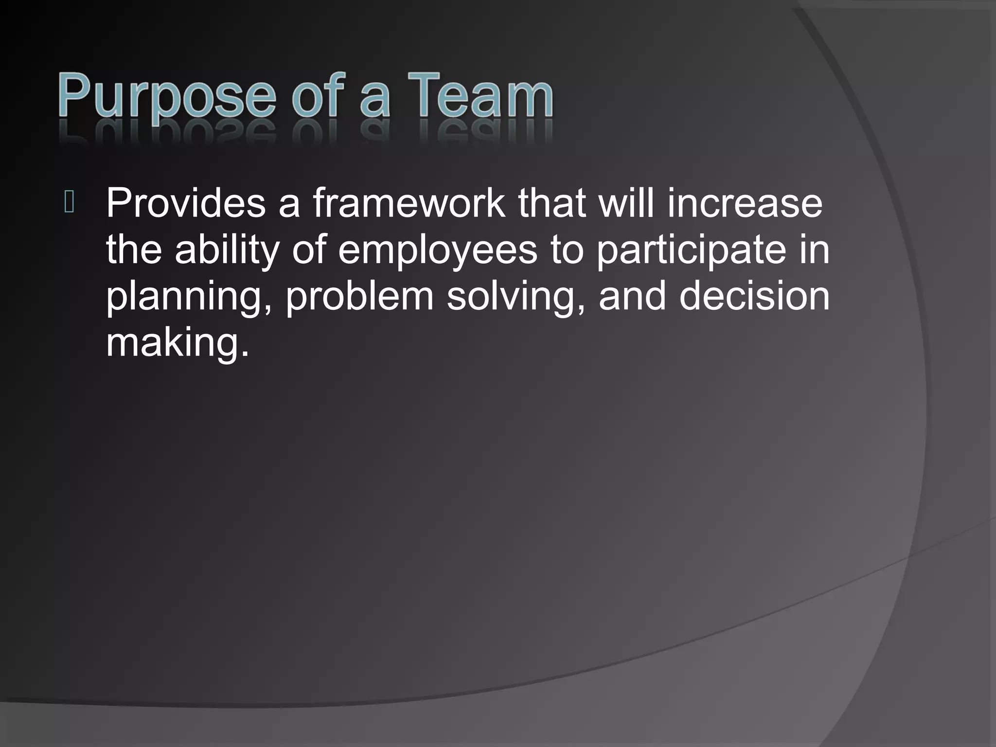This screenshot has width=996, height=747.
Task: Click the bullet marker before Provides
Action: [x=69, y=203]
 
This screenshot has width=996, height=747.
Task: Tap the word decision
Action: [x=754, y=296]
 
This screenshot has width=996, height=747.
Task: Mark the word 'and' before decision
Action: [x=632, y=296]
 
